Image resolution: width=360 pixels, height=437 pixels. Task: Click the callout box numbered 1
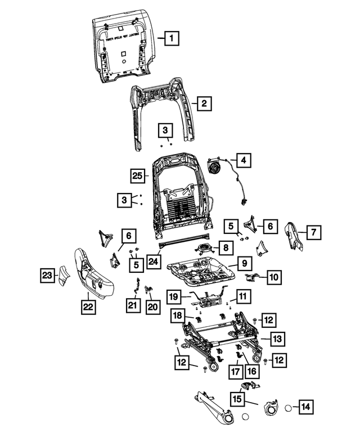pos(172,39)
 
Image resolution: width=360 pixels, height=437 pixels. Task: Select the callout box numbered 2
pos(204,103)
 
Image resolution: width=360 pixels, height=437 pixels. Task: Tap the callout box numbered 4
pos(243,161)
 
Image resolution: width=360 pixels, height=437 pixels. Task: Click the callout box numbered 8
pos(224,247)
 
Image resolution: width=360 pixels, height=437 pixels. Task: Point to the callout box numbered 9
pos(244,263)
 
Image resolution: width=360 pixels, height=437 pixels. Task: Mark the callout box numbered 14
pos(305,406)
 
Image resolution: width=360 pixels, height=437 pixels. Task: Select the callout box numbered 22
pos(88,307)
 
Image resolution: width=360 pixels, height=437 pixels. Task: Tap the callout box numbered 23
pos(48,276)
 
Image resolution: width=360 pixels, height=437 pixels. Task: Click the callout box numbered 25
pos(138,175)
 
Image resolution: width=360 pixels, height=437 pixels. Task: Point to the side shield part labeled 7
pos(294,235)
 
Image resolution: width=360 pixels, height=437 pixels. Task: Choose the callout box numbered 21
pos(132,305)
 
